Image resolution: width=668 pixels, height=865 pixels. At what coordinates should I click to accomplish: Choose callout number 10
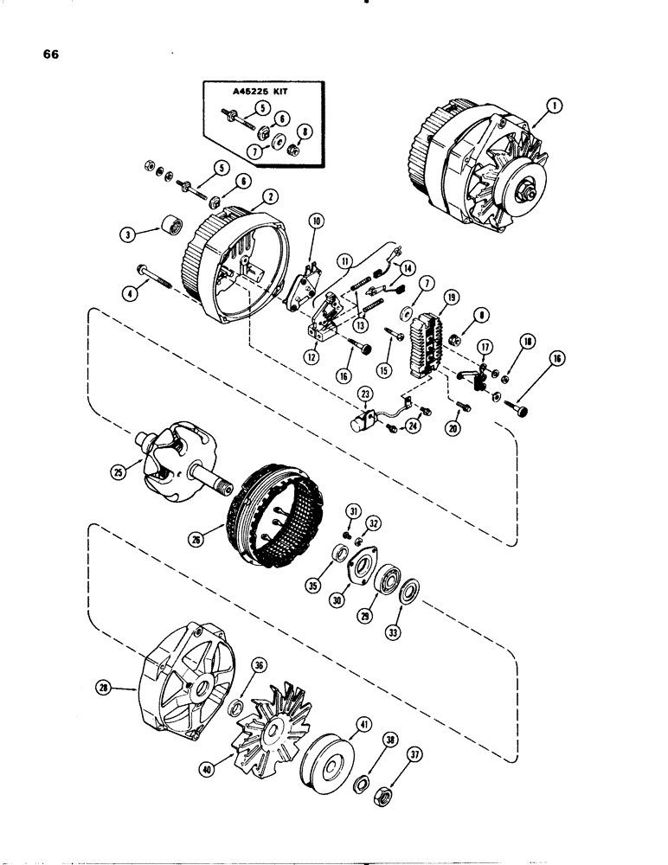(x=316, y=221)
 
